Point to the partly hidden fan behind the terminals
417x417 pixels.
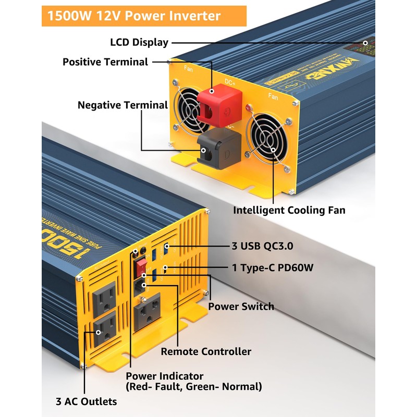point(191,107)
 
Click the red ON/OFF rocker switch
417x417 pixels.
point(141,268)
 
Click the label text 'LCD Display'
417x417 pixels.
point(139,43)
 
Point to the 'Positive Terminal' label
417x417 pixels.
point(105,62)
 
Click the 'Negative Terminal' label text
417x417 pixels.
point(122,105)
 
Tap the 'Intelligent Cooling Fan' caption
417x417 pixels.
point(289,210)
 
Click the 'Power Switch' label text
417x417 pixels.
point(241,306)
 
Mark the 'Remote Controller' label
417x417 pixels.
point(206,351)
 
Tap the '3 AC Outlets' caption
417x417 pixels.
point(86,401)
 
